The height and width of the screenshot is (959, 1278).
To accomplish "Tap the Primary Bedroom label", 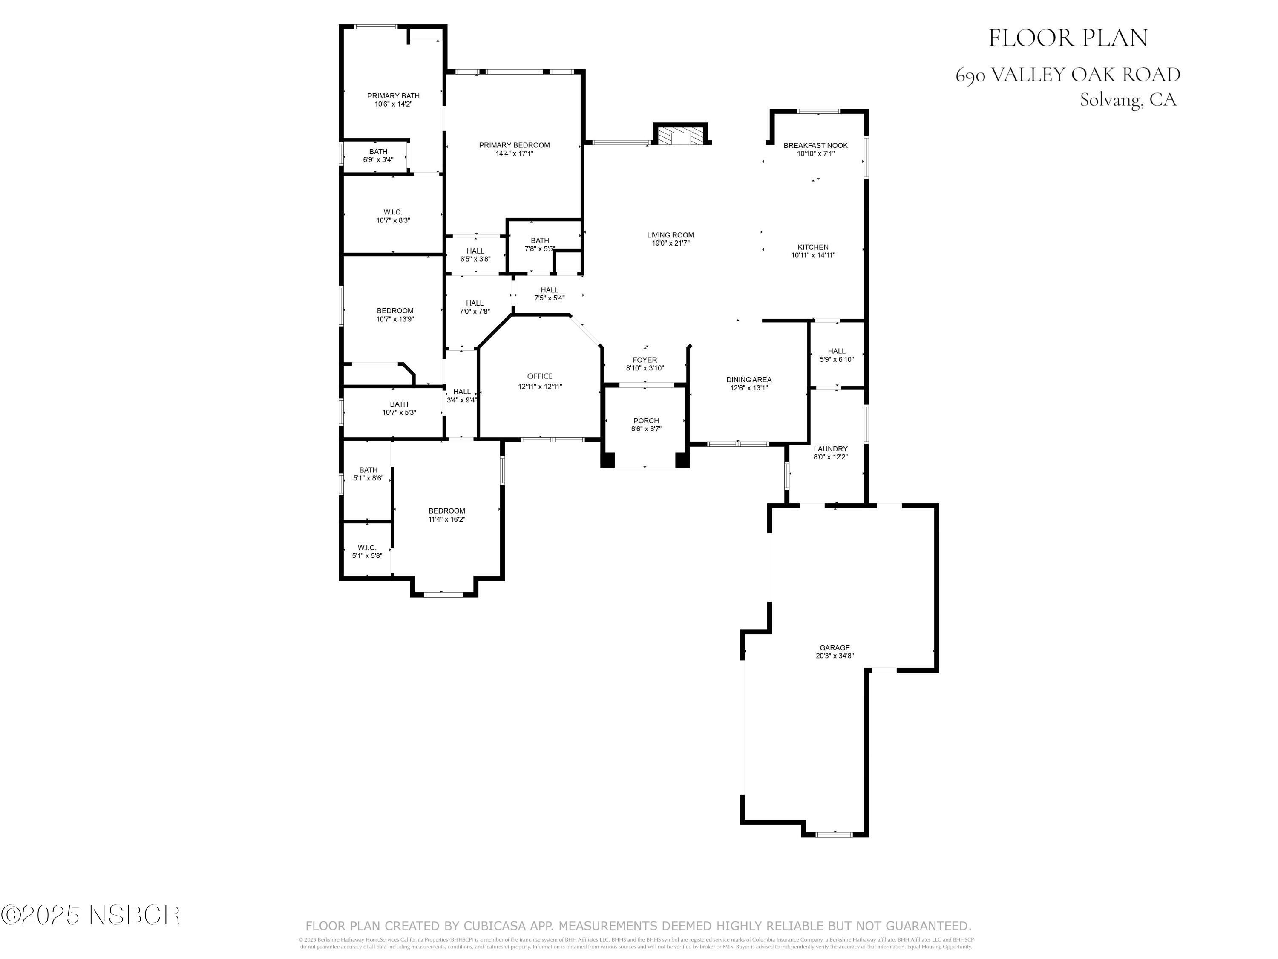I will pos(514,145).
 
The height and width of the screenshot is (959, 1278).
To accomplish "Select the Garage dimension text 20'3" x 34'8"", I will pos(834,656).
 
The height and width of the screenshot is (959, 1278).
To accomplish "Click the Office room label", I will pos(540,376).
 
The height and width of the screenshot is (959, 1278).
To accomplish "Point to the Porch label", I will pos(646,421).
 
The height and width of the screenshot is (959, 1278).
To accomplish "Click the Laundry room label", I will pos(830,448).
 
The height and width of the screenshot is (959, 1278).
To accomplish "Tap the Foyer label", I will pos(645,360).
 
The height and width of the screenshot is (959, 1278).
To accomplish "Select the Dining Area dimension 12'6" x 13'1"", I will pos(749,388).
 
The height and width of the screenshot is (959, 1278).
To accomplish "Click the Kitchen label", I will pos(813,247).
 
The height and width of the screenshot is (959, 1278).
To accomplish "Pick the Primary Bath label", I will pos(394,96).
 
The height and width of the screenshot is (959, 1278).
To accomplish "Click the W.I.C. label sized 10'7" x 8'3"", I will pos(393,212).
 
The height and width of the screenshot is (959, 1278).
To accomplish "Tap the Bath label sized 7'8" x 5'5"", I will pos(540,240).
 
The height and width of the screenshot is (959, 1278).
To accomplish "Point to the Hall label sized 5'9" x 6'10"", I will pos(836,351).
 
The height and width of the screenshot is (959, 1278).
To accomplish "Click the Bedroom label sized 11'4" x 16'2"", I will pos(446,511).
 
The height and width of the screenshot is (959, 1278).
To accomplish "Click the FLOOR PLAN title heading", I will pos(1067,38).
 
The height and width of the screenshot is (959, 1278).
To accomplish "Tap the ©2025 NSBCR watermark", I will pos(91,915).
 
